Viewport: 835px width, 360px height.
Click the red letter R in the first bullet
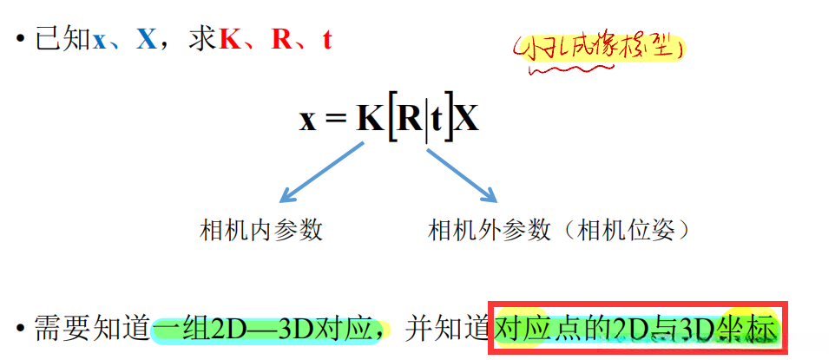[281, 40]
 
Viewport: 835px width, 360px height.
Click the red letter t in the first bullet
[327, 41]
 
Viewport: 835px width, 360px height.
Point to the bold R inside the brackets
[408, 119]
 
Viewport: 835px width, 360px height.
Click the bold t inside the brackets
[439, 120]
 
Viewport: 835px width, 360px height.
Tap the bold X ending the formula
[467, 119]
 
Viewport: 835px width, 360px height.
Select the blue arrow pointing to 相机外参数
[461, 173]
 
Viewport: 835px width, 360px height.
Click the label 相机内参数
[261, 230]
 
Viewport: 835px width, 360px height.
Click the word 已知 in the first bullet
[63, 41]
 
